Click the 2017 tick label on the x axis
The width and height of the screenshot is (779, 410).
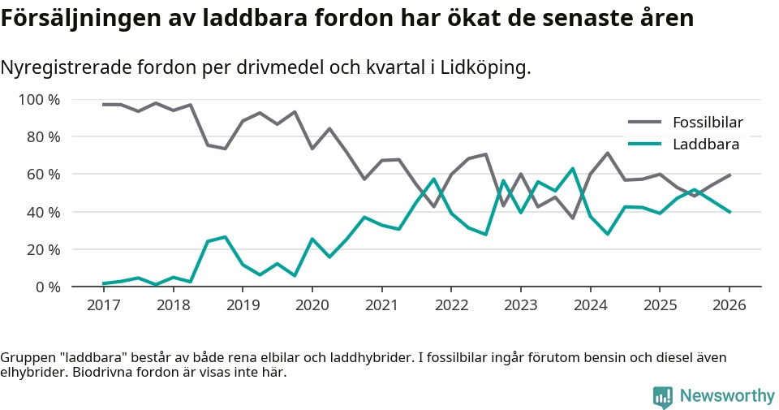(x=103, y=305)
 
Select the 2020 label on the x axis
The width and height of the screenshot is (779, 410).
(x=312, y=305)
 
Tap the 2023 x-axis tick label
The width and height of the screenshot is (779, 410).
(x=520, y=305)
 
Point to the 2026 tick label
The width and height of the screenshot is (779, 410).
(x=729, y=305)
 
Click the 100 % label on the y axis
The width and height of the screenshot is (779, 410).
(x=40, y=100)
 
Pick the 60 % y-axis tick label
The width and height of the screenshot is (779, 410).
(x=43, y=175)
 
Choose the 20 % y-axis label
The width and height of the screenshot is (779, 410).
(x=43, y=249)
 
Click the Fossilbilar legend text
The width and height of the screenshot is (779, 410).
(x=708, y=123)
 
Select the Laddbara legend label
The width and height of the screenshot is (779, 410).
(x=705, y=145)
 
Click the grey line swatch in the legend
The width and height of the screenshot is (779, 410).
(x=644, y=123)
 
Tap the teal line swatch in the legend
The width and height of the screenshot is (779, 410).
(x=644, y=145)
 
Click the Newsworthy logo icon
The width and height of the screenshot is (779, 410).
(x=663, y=396)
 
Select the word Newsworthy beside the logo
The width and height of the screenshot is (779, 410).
(x=727, y=396)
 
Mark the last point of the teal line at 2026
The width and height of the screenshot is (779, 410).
(x=730, y=212)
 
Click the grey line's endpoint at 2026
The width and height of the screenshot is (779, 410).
(x=730, y=175)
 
